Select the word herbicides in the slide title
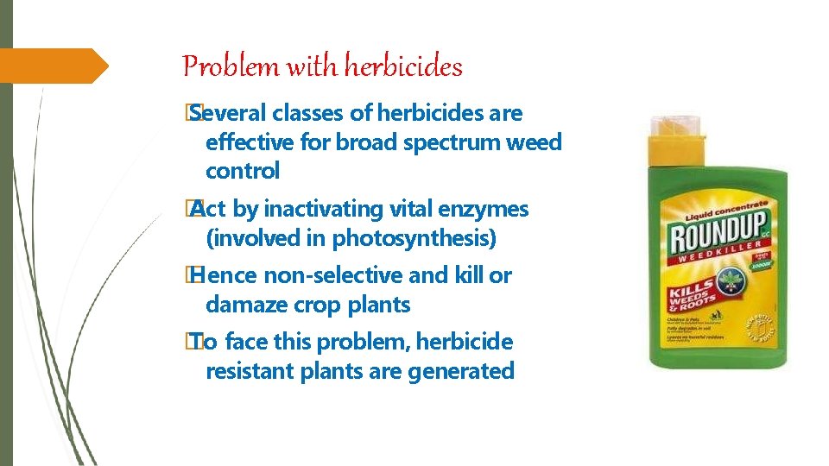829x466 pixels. point(404,66)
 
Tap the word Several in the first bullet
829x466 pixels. point(226,113)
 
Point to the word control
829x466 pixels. point(243,171)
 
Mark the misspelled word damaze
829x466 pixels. point(245,305)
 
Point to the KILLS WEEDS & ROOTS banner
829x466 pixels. point(691,296)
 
